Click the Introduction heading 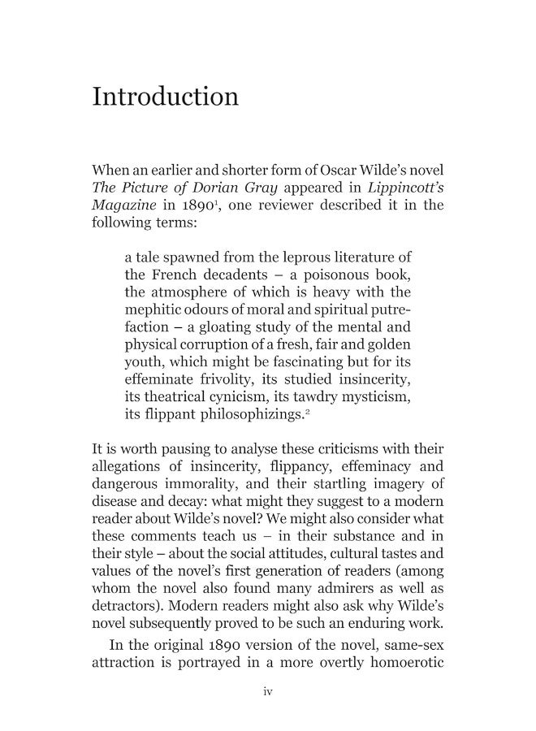(166, 97)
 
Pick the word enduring (369, 622)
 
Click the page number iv (268, 692)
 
